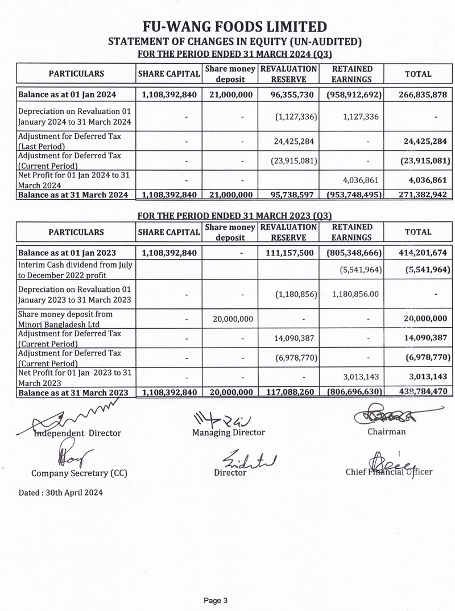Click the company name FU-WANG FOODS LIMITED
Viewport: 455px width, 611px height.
pyautogui.click(x=235, y=26)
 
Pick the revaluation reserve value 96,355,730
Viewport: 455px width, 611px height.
pyautogui.click(x=288, y=94)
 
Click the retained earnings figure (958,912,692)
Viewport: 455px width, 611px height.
pyautogui.click(x=351, y=94)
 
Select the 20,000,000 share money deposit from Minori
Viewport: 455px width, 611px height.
pyautogui.click(x=230, y=319)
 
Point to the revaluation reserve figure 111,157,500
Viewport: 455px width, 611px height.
pyautogui.click(x=288, y=253)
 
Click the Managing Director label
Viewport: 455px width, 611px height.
pyautogui.click(x=229, y=432)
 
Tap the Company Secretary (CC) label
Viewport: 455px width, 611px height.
pyautogui.click(x=79, y=473)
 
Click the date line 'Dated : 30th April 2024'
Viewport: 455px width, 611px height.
pyautogui.click(x=60, y=492)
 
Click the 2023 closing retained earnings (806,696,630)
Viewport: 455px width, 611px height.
pyautogui.click(x=351, y=393)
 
